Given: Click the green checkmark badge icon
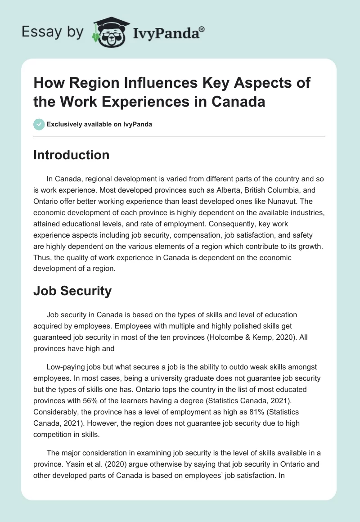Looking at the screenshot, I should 39,124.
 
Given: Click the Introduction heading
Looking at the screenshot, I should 71,155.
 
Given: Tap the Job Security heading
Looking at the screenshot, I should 72,291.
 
